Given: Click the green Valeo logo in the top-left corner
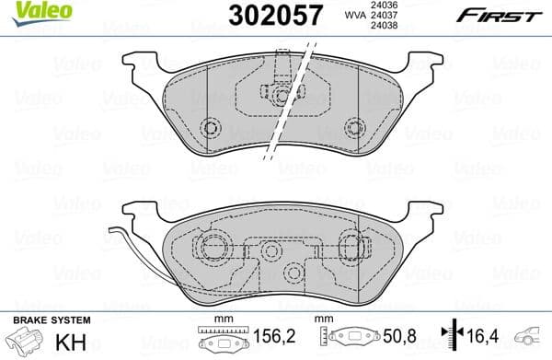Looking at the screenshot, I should (30, 10).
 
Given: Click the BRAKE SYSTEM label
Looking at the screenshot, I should (51, 319).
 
